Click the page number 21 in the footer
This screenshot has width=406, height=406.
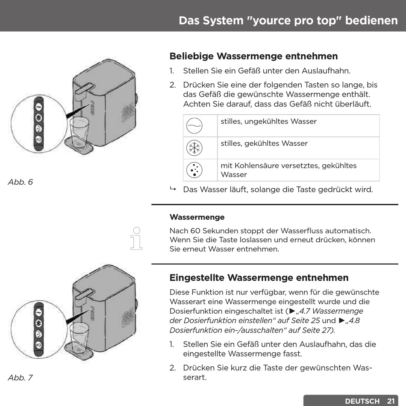click(x=391, y=401)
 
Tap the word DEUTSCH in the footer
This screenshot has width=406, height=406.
click(x=362, y=401)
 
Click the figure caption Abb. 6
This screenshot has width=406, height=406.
click(x=20, y=182)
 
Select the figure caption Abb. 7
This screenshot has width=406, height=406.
click(x=20, y=378)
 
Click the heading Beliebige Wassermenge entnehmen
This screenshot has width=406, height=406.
click(x=253, y=56)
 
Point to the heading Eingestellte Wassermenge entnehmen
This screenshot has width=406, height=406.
click(x=259, y=278)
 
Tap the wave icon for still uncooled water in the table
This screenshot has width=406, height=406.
click(x=194, y=126)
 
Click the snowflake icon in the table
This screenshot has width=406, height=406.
click(x=194, y=148)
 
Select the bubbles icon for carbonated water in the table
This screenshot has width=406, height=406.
click(x=194, y=170)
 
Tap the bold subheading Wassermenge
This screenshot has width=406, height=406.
click(x=197, y=217)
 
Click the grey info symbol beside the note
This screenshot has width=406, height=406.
click(x=136, y=238)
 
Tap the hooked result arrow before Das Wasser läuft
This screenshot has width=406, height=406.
click(x=173, y=189)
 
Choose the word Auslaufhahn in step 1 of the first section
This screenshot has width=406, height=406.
click(x=329, y=71)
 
